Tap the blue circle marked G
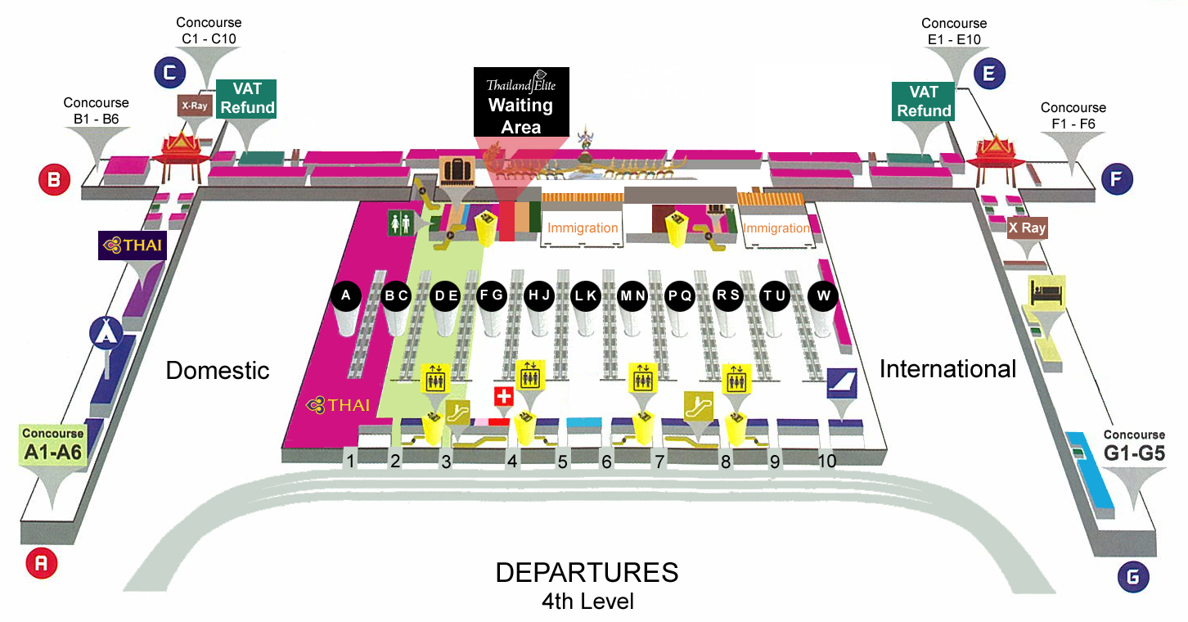tap(1132, 578)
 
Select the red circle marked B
tap(54, 180)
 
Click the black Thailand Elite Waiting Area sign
tap(520, 101)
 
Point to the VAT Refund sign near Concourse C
tap(247, 98)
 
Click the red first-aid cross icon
tap(504, 397)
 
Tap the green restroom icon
tap(400, 223)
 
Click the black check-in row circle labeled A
tap(346, 296)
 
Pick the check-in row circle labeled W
tap(823, 296)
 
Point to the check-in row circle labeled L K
tap(585, 296)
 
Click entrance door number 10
tap(827, 462)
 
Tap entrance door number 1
tap(350, 462)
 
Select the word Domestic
tap(218, 370)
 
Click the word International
tap(947, 369)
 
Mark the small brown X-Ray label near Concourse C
tap(194, 105)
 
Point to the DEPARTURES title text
tap(587, 572)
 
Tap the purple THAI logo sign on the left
tap(133, 245)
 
